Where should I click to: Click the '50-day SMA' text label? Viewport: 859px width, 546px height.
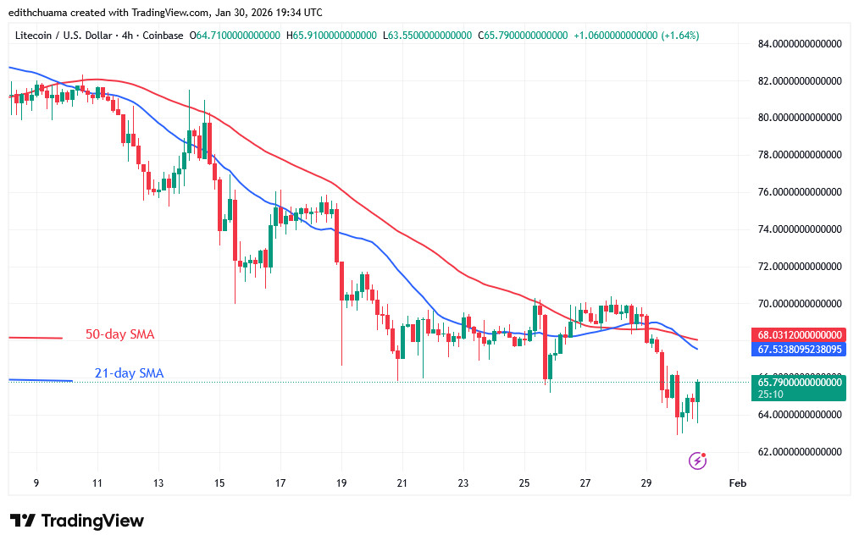[119, 334]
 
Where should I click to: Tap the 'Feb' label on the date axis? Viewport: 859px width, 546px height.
[738, 483]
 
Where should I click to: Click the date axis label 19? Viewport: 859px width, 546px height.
[341, 483]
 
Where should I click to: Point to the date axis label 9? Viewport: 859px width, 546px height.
[36, 483]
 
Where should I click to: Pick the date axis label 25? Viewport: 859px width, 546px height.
[524, 483]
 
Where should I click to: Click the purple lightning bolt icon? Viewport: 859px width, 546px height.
[698, 461]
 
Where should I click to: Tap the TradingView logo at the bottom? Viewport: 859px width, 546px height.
[77, 520]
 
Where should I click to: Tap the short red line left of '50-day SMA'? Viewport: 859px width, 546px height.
[36, 338]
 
